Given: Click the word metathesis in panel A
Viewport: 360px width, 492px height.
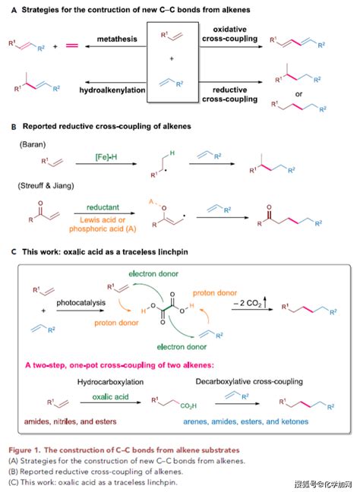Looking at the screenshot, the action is tap(117, 39).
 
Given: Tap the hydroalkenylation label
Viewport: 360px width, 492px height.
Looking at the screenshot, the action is tap(112, 90).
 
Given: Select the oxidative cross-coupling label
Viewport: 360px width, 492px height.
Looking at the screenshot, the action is tap(230, 34).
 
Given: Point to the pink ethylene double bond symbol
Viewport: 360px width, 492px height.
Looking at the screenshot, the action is tap(72, 46).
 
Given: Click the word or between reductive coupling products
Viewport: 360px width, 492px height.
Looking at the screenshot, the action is tap(298, 94).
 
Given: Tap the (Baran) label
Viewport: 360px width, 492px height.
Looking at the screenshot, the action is tap(33, 144).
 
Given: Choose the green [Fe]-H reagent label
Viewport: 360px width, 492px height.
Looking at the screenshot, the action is tap(106, 157).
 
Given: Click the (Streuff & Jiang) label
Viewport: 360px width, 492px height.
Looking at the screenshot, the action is tap(46, 185).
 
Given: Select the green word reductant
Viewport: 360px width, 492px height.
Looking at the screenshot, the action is tap(103, 207).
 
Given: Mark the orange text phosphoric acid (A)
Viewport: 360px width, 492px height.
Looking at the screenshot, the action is tap(103, 229).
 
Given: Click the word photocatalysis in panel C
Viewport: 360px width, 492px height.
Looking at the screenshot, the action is tap(81, 303).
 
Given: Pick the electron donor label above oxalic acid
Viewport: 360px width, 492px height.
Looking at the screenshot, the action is tap(153, 273).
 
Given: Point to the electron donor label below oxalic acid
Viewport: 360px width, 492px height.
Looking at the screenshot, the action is tap(182, 347).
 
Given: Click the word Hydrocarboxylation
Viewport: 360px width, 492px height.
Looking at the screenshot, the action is tap(110, 382).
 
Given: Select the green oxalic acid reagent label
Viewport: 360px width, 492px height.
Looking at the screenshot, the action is tap(110, 397).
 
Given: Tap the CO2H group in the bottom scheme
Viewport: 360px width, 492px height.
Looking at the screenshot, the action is tap(188, 405).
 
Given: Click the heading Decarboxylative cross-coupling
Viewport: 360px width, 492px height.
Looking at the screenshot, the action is tap(249, 382).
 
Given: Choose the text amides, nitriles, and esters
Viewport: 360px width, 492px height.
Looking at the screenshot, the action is tap(71, 421).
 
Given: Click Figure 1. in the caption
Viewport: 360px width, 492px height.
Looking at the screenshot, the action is tap(24, 450).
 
